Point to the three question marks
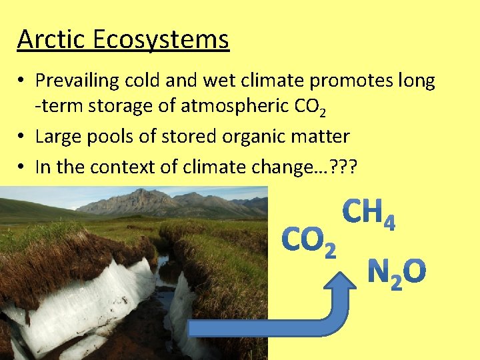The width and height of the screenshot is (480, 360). click(x=345, y=166)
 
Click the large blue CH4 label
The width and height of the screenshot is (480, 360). click(x=369, y=214)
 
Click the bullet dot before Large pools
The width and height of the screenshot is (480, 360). click(x=22, y=137)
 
